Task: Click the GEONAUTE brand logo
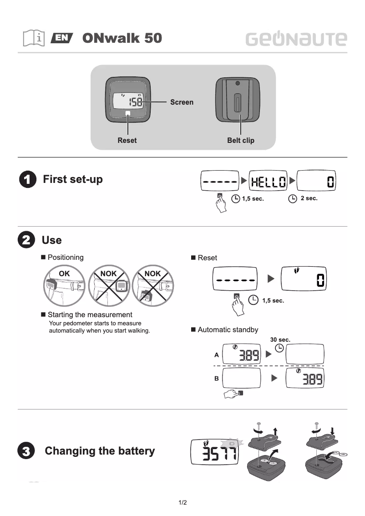296,39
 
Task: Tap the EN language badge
62,38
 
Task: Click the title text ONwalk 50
122,38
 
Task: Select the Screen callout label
182,102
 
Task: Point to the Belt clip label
240,141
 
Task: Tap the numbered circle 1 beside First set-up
27,180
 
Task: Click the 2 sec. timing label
309,198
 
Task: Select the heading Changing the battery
100,451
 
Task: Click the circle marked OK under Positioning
65,285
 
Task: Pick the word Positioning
66,258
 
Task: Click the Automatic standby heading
228,330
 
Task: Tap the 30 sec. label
280,340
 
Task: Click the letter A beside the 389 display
217,354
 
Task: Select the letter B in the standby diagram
217,379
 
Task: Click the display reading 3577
216,452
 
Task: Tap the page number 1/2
182,503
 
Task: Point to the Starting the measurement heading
90,315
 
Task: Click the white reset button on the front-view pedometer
127,113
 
